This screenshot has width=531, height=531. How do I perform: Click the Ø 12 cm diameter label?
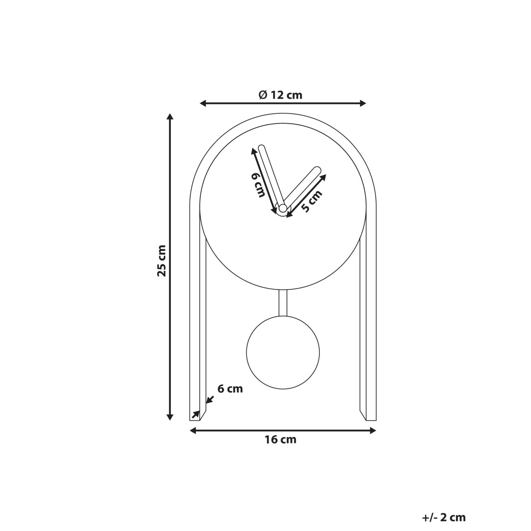coord(280,95)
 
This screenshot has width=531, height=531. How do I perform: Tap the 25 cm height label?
coord(162,261)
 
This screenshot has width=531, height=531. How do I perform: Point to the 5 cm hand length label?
coord(311,201)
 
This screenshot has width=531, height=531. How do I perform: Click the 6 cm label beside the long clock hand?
coord(258,185)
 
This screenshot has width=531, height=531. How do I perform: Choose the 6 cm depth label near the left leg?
coord(230,389)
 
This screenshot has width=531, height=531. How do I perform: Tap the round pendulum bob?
coord(283,354)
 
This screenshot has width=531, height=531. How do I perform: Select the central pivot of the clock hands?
coord(282,208)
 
